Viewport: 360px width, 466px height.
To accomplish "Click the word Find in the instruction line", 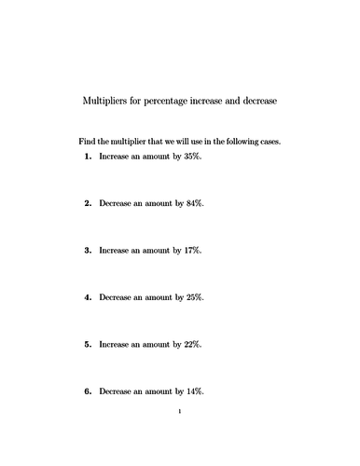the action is point(87,142).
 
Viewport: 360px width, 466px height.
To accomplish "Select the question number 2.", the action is point(88,203).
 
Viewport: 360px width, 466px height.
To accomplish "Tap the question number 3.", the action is point(88,250).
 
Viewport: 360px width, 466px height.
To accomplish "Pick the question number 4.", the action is point(88,297).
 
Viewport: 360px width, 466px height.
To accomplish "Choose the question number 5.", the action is point(88,344).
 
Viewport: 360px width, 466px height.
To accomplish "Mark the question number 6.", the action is point(88,391).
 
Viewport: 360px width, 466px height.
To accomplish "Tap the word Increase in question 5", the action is point(115,344).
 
